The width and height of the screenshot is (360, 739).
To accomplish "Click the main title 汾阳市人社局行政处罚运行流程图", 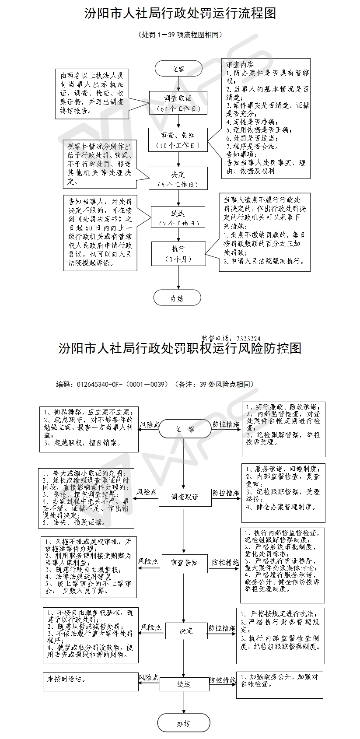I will point(180,14).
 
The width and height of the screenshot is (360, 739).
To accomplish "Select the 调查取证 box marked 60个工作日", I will point(178,103).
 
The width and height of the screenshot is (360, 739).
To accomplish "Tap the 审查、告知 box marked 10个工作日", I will point(178,140).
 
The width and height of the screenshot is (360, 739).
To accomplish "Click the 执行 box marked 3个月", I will point(178,254).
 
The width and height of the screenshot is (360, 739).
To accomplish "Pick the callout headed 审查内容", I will point(266,118).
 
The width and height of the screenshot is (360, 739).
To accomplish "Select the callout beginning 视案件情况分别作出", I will point(99,163).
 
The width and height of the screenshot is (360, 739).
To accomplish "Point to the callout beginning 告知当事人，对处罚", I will point(99,232).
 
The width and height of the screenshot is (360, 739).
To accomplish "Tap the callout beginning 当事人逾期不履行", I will point(265,232).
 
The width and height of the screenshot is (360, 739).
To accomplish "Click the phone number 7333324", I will point(248,338).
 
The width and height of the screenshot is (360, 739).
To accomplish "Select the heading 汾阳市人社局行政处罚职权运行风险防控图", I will point(180,349).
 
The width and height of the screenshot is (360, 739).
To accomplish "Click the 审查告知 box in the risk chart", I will point(184,563).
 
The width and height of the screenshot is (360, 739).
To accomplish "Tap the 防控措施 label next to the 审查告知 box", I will point(226,562).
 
